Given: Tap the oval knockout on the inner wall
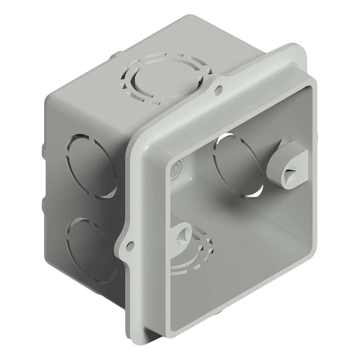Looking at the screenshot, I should click(x=238, y=165).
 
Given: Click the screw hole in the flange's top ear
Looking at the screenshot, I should click(x=219, y=89).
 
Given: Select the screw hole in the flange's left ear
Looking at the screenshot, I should click(x=130, y=244).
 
